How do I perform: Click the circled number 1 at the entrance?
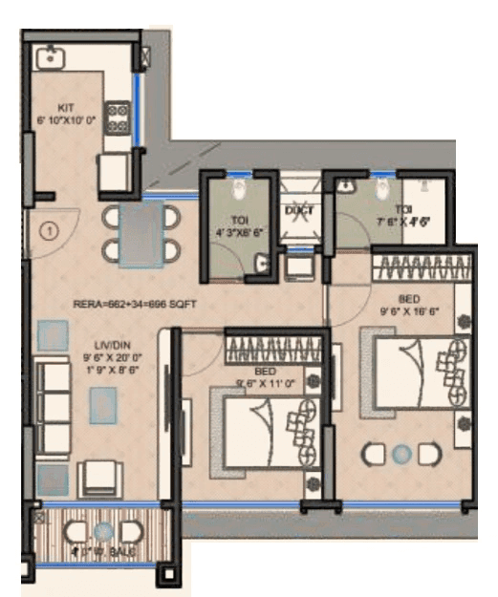45,230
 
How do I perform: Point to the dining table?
141,233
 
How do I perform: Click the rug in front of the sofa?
104,406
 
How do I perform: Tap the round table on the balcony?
104,529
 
